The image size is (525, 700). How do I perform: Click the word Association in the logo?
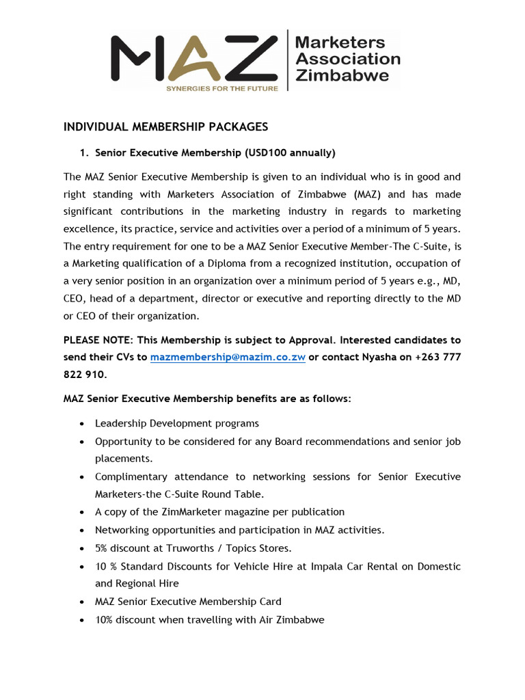pos(347,59)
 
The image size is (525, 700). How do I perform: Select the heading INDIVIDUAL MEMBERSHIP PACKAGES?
pos(165,127)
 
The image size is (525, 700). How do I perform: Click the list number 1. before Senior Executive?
pos(85,152)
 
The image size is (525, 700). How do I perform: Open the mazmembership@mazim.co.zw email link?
pos(227,358)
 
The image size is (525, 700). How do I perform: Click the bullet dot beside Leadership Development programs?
pos(82,424)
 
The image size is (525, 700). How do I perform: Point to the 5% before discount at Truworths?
pos(103,548)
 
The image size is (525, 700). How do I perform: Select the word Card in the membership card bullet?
pos(271,602)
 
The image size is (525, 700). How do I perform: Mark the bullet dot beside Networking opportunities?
pos(82,530)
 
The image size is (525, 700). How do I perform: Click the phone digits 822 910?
pos(84,375)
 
